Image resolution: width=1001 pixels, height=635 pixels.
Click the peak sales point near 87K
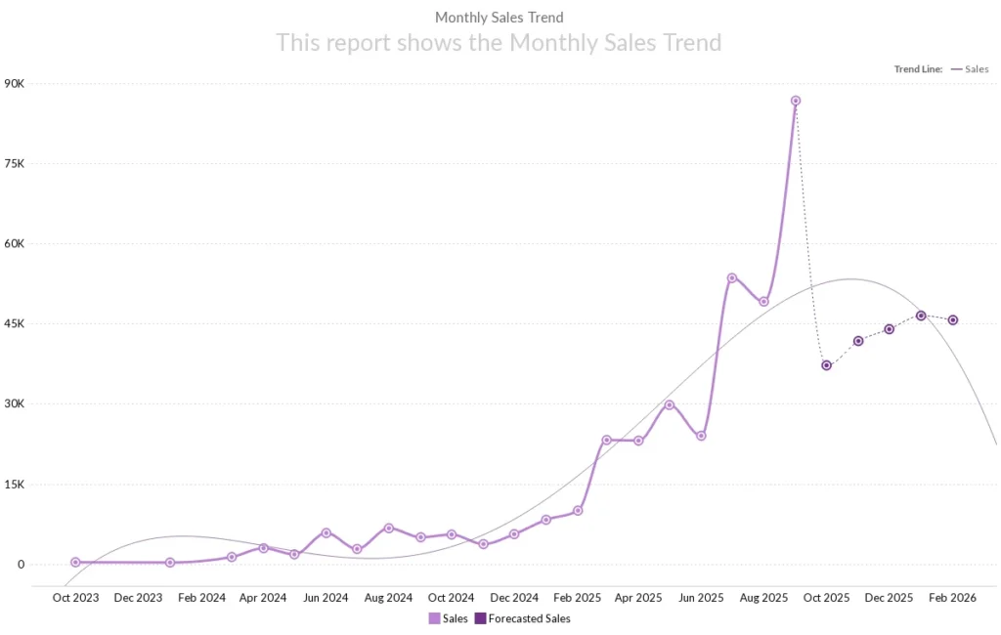[796, 101]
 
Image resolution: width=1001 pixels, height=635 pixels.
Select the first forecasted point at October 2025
[827, 365]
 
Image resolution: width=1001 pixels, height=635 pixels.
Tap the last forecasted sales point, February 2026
[953, 320]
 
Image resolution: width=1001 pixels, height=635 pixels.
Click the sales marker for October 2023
[75, 562]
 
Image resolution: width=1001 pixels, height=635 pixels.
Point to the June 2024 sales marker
[326, 532]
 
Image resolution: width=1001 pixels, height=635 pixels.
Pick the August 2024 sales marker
[388, 528]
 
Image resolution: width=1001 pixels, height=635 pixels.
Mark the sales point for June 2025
[701, 436]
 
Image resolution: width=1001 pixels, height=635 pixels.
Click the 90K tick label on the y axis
[14, 83]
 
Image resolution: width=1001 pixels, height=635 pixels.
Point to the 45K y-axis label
[14, 323]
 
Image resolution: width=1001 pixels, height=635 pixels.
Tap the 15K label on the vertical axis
[14, 484]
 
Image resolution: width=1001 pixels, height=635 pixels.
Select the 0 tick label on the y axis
[19, 564]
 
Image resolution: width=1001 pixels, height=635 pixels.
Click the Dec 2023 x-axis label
[138, 598]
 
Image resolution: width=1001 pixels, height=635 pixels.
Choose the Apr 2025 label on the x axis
[638, 598]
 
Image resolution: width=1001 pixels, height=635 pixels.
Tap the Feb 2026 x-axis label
[952, 598]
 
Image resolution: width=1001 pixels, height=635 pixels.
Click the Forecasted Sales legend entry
[529, 618]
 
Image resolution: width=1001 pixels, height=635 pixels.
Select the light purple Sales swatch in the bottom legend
[434, 618]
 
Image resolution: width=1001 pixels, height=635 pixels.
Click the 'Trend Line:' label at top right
[918, 69]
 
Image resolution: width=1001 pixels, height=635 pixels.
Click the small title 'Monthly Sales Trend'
[499, 18]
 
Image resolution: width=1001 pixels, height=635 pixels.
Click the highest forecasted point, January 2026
[921, 316]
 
